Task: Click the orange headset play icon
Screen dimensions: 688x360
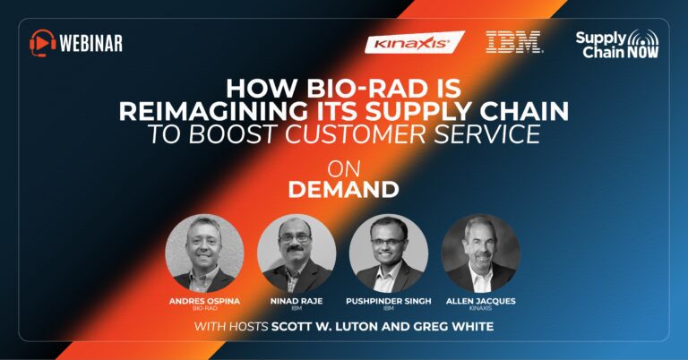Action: pyautogui.click(x=43, y=42)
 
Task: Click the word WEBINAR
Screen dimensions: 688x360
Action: pyautogui.click(x=90, y=43)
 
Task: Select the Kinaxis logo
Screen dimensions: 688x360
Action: pyautogui.click(x=414, y=42)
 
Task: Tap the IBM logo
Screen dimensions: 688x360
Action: pyautogui.click(x=514, y=42)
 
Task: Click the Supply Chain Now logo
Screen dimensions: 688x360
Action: pyautogui.click(x=617, y=44)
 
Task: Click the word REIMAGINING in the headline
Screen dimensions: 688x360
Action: pyautogui.click(x=213, y=111)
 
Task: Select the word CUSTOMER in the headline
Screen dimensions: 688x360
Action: pyautogui.click(x=356, y=133)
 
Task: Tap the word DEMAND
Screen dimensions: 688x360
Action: pyautogui.click(x=344, y=189)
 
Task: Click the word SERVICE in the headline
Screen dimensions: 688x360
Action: pyautogui.click(x=487, y=133)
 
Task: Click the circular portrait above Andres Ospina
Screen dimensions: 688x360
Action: pyautogui.click(x=204, y=253)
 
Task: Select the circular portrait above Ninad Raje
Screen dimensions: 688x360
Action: pyautogui.click(x=297, y=253)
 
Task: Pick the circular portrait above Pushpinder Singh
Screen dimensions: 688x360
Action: pyautogui.click(x=388, y=253)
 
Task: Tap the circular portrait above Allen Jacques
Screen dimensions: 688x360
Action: pyautogui.click(x=480, y=253)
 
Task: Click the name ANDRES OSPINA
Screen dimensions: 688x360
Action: pyautogui.click(x=204, y=301)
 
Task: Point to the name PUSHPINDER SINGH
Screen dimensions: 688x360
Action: pyautogui.click(x=388, y=301)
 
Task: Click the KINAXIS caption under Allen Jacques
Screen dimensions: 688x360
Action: pyautogui.click(x=480, y=308)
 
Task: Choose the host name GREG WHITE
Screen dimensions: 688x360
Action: pyautogui.click(x=451, y=327)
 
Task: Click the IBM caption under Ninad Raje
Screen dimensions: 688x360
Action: pyautogui.click(x=297, y=308)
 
